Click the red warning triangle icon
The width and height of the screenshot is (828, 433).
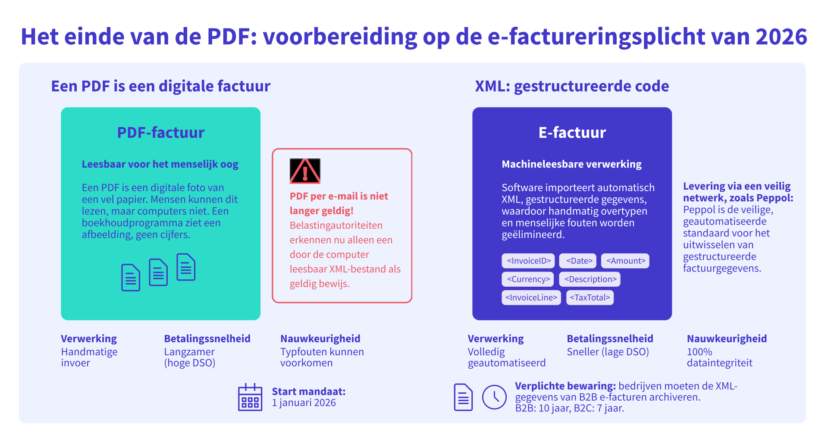(x=305, y=171)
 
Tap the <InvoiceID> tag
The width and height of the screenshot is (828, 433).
(x=529, y=261)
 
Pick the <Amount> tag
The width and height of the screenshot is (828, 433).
(x=625, y=261)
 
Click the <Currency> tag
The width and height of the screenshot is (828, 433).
(x=528, y=279)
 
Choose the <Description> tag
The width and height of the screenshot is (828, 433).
(x=590, y=279)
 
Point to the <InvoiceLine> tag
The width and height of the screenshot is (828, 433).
(x=531, y=297)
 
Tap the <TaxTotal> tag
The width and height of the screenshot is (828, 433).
(x=590, y=297)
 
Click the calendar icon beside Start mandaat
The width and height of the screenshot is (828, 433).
(x=250, y=397)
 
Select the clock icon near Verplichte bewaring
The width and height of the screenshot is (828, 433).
(x=494, y=397)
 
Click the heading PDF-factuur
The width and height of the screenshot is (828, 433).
(x=161, y=133)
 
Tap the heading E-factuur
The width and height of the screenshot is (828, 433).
(x=572, y=133)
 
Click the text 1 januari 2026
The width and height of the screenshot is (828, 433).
(x=304, y=403)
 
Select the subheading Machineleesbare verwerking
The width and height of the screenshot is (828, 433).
(x=571, y=164)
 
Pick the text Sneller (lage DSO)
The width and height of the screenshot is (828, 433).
(x=608, y=352)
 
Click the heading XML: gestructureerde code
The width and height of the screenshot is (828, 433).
(x=572, y=86)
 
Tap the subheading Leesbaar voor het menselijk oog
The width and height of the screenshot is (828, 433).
(x=160, y=164)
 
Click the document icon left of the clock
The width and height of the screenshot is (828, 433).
(x=463, y=397)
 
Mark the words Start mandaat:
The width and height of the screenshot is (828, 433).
(x=309, y=392)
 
